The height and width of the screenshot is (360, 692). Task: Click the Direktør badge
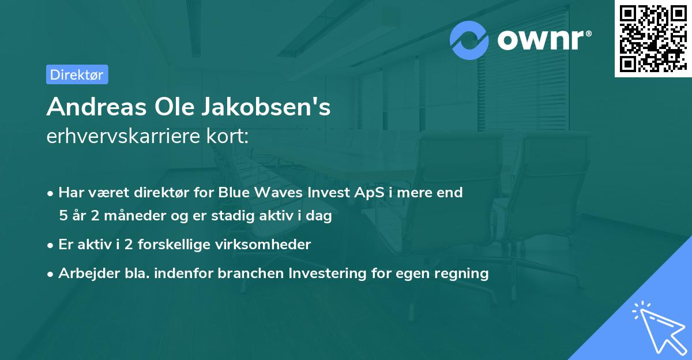[77, 74]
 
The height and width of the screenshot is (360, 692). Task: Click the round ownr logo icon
[469, 40]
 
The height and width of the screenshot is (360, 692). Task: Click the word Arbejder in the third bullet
[84, 273]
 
